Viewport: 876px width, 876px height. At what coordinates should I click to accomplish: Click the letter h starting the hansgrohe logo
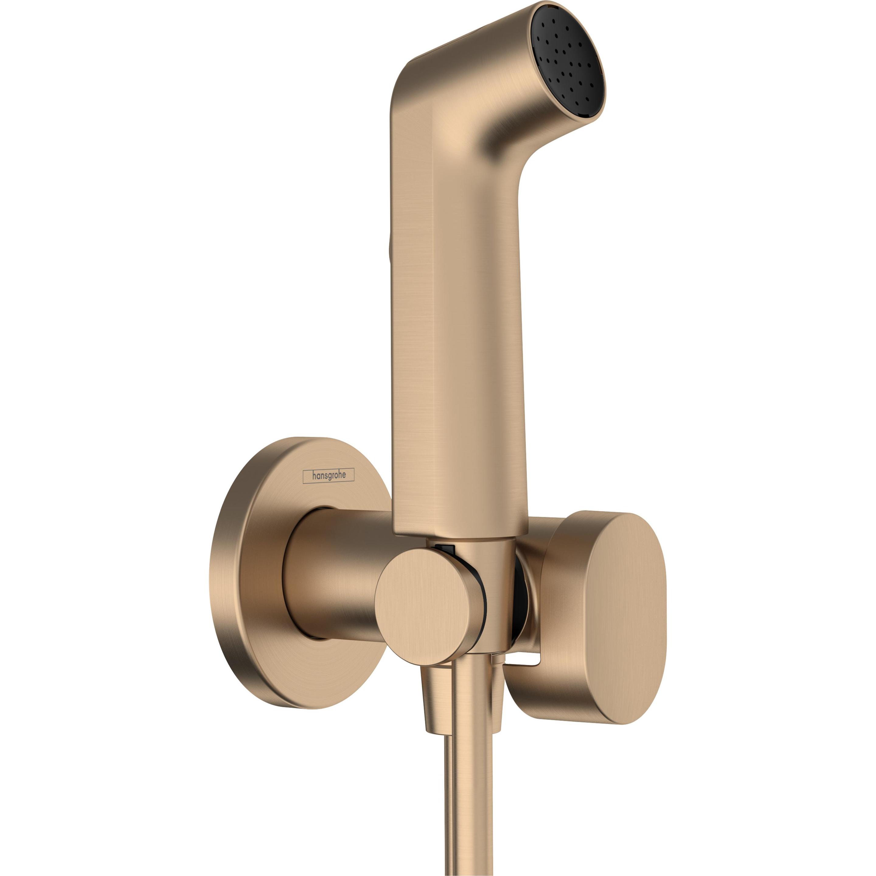click(312, 476)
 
